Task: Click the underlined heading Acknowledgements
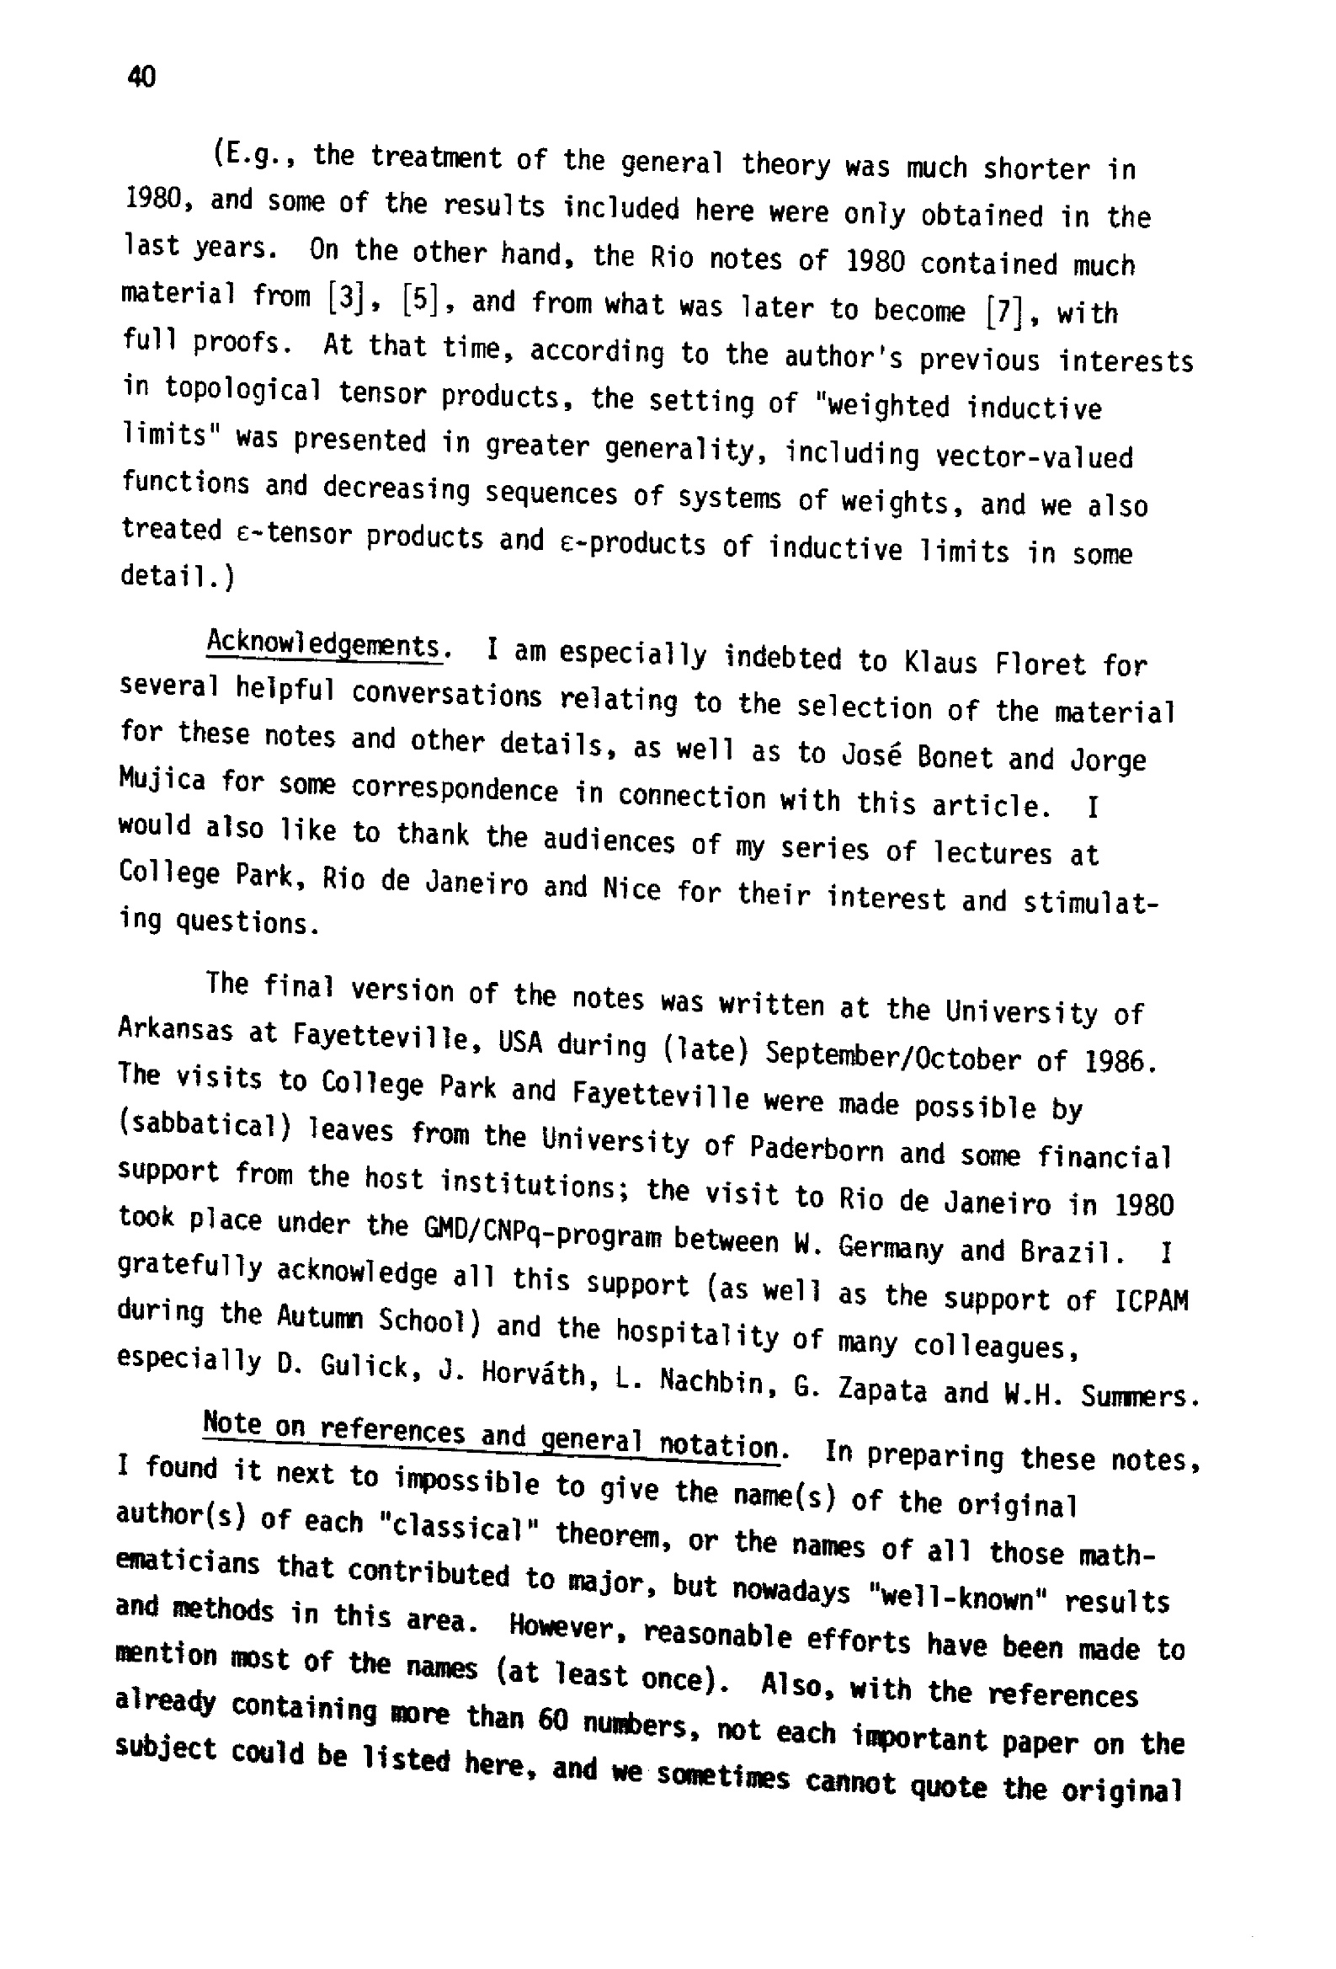point(324,645)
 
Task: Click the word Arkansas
point(175,1029)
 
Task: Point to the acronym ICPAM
point(1151,1300)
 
